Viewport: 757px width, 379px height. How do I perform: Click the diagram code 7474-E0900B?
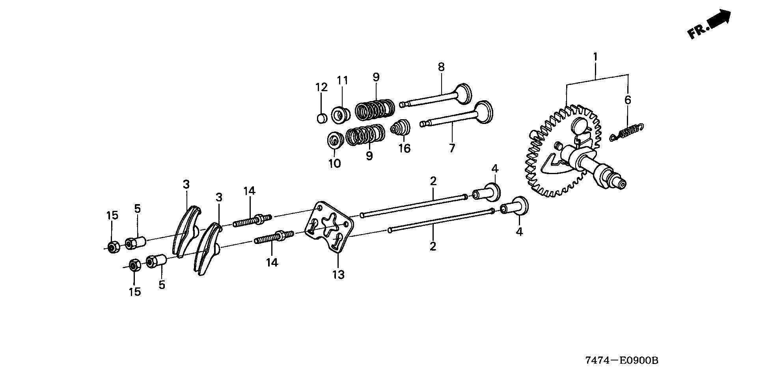point(622,360)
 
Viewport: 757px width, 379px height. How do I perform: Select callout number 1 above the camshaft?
point(595,57)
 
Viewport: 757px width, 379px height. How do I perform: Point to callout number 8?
point(441,67)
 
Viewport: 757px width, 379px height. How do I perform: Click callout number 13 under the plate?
point(338,274)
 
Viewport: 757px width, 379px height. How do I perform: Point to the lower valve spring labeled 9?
point(365,135)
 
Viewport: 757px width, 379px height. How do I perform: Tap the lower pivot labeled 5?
point(156,261)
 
